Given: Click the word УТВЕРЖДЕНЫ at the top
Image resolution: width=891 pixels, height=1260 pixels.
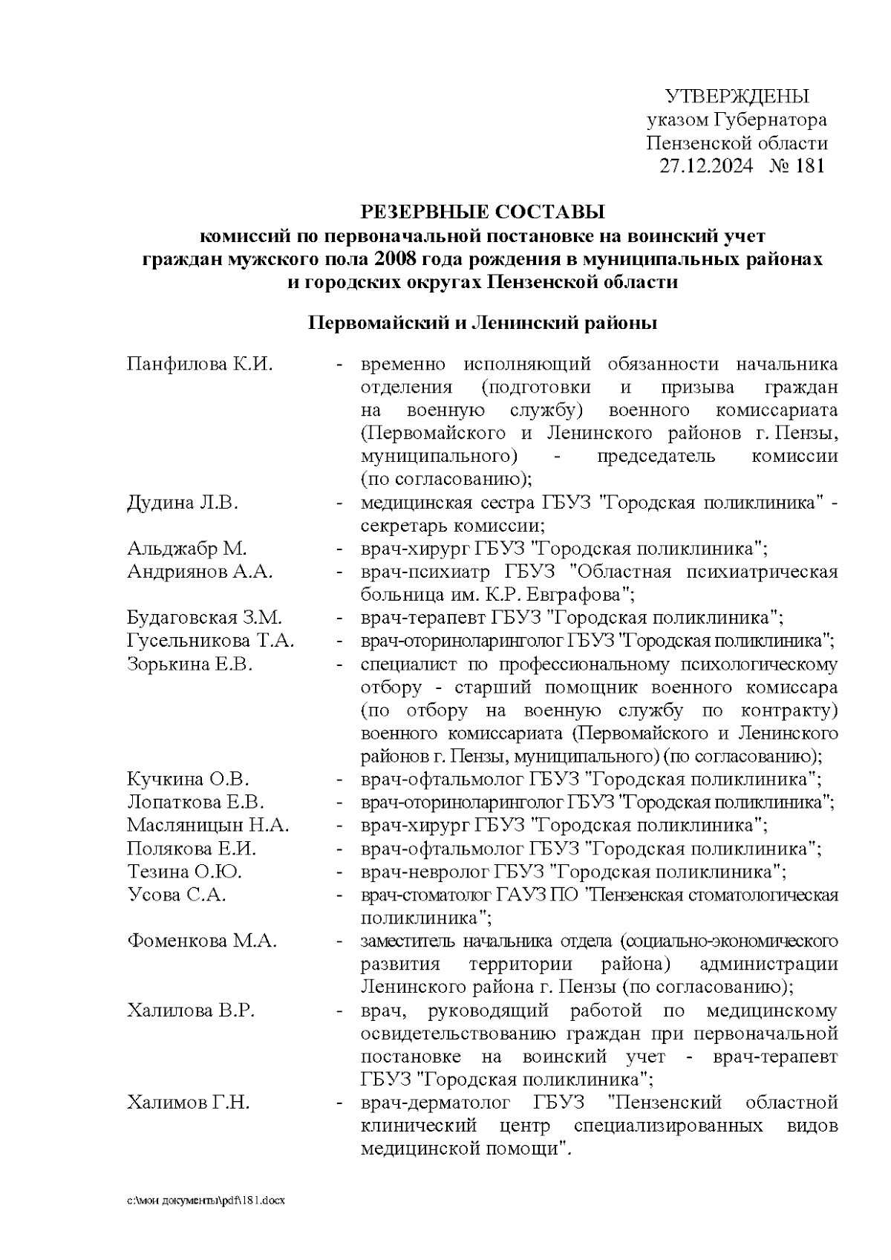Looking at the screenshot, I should pyautogui.click(x=736, y=97).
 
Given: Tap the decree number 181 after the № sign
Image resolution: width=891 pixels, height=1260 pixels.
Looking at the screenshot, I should pyautogui.click(x=809, y=166).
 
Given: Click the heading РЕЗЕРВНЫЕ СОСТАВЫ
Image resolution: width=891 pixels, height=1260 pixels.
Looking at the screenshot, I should pyautogui.click(x=483, y=212).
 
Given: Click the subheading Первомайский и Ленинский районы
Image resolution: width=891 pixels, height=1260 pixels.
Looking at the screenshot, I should pyautogui.click(x=483, y=324).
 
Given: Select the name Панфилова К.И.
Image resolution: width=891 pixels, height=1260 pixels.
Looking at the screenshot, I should pyautogui.click(x=199, y=365).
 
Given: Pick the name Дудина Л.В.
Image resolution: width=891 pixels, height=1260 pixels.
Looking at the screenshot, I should pyautogui.click(x=182, y=503).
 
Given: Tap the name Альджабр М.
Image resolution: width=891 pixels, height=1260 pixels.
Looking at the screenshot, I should pyautogui.click(x=186, y=549).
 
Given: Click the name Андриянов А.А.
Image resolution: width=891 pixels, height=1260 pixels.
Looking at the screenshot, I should pyautogui.click(x=200, y=572).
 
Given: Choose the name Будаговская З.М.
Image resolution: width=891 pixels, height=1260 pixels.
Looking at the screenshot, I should pyautogui.click(x=204, y=618).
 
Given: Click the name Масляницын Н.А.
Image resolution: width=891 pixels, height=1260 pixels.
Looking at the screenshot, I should pyautogui.click(x=208, y=825).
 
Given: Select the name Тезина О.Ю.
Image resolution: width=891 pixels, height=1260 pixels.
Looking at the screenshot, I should pyautogui.click(x=184, y=871).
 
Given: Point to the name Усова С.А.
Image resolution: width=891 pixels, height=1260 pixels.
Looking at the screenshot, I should pyautogui.click(x=176, y=895).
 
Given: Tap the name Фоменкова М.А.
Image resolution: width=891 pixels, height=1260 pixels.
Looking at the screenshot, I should pyautogui.click(x=202, y=941).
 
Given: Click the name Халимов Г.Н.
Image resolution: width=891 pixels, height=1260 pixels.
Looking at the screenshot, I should pyautogui.click(x=189, y=1103).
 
